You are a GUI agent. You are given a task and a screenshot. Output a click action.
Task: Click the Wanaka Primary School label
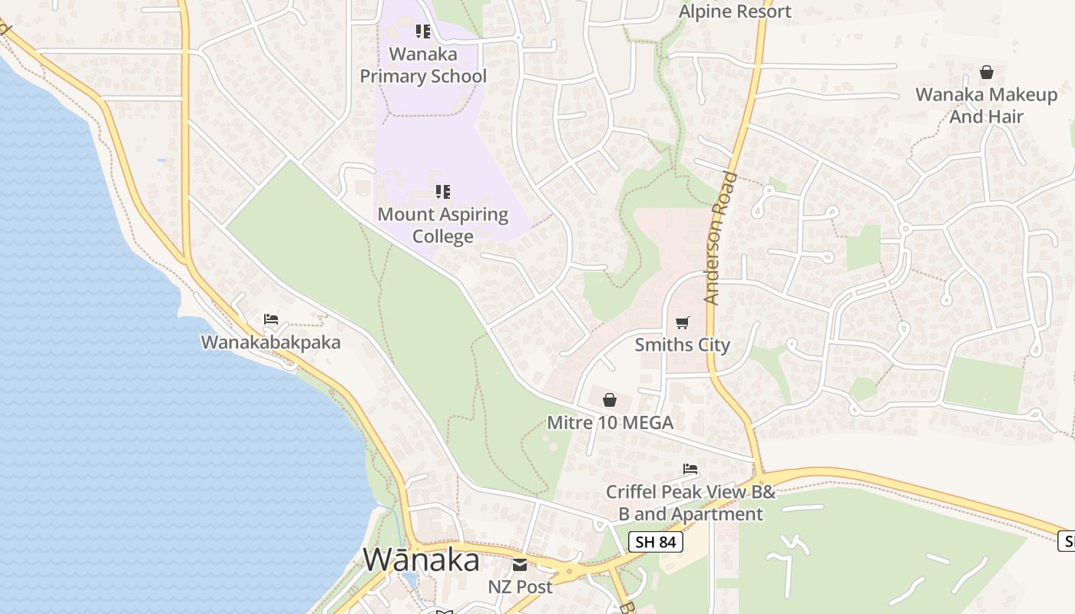click(x=423, y=65)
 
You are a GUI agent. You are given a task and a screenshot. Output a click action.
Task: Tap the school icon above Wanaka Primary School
click(x=422, y=31)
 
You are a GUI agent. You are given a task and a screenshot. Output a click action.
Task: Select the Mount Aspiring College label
click(x=443, y=225)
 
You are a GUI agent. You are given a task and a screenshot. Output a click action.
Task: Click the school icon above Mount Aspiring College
click(x=443, y=191)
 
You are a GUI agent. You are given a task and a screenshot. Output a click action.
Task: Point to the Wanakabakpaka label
click(x=270, y=342)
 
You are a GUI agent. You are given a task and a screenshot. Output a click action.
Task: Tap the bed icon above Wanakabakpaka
click(x=270, y=319)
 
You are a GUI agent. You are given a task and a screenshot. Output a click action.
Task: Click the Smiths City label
click(x=683, y=345)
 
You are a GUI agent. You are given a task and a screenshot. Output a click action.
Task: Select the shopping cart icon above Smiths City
click(x=683, y=322)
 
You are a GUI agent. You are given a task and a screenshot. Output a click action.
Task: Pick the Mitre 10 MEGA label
click(x=610, y=422)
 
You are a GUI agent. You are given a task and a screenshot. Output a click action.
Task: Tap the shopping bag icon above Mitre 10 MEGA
click(x=610, y=400)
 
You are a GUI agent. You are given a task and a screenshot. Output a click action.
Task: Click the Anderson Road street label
click(x=720, y=239)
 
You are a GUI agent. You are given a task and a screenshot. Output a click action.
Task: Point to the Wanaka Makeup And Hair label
click(x=987, y=106)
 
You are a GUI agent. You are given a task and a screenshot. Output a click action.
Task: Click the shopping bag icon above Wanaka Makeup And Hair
click(x=987, y=72)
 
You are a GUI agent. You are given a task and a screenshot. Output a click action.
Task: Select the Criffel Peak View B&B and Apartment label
click(x=690, y=503)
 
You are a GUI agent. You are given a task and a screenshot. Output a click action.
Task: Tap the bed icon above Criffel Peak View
click(x=690, y=468)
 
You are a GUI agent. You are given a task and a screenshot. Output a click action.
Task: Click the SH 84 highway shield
click(x=655, y=542)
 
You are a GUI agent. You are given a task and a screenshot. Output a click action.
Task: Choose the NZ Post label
click(x=520, y=587)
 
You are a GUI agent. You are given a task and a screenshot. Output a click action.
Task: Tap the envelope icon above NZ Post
click(x=520, y=566)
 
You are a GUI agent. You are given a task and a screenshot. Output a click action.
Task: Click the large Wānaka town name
click(x=422, y=560)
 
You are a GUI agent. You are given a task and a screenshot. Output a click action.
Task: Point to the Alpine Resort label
click(x=735, y=12)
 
